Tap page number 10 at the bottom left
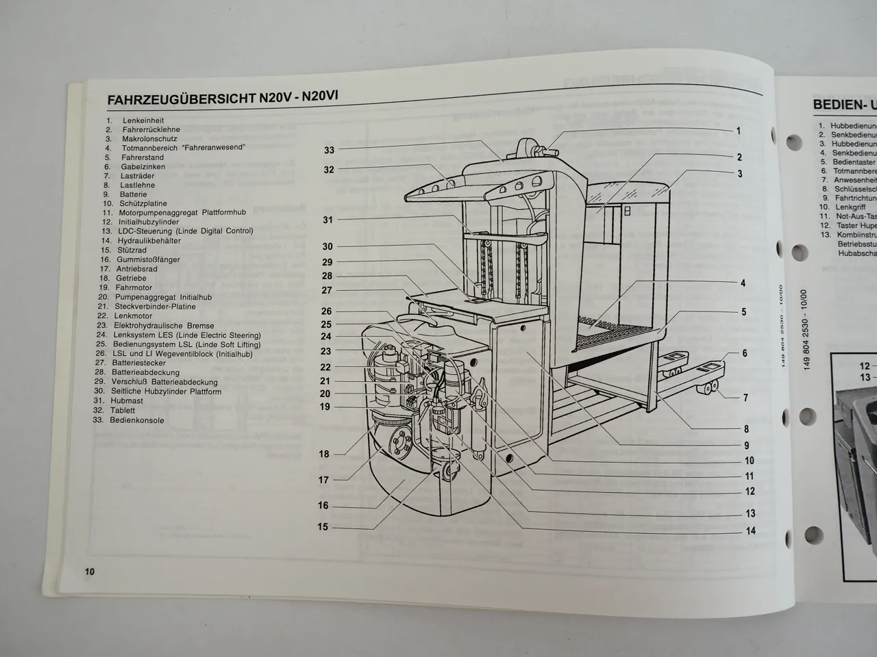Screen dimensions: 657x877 click(89, 572)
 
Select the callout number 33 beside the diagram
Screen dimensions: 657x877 click(329, 150)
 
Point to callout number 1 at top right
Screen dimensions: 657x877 click(738, 131)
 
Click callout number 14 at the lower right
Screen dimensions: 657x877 click(750, 530)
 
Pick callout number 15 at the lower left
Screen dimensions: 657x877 click(323, 527)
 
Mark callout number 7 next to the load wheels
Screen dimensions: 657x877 click(745, 398)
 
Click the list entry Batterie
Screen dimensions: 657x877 click(133, 194)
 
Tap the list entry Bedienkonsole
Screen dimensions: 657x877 click(137, 420)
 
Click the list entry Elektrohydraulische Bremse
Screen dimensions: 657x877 click(164, 326)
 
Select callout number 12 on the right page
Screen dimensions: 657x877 click(865, 366)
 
